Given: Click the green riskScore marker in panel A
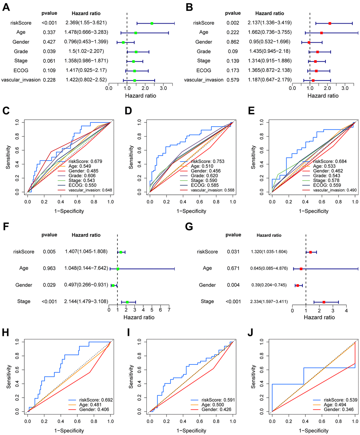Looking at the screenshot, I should [x=152, y=23].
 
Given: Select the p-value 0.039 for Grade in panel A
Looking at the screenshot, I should [x=49, y=52].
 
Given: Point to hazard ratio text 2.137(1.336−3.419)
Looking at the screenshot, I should [x=270, y=23].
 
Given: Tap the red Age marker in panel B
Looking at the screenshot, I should [x=322, y=33].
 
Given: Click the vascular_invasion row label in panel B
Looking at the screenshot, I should [x=204, y=80].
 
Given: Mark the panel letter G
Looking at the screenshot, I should [x=190, y=226].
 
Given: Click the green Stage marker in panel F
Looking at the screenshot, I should [x=127, y=302].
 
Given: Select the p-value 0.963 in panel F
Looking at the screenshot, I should [x=49, y=268].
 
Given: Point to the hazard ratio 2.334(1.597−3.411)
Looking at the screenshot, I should [x=269, y=302].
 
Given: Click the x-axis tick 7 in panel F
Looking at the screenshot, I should [x=169, y=310].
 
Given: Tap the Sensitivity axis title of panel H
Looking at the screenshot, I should [x=8, y=376].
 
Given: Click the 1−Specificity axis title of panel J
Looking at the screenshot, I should [x=313, y=430].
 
